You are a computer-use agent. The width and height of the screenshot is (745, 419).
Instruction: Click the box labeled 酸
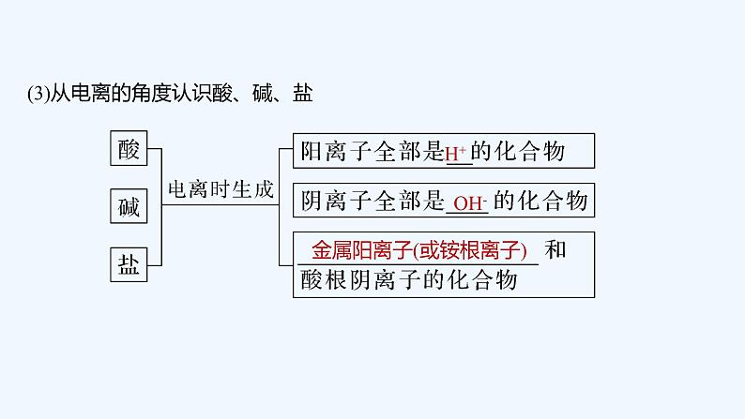(x=129, y=149)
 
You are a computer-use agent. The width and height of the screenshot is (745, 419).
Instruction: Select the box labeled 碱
(x=129, y=207)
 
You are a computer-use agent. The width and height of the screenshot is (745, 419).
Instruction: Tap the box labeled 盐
(x=129, y=265)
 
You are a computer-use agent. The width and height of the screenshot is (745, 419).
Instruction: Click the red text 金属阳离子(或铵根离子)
(x=420, y=251)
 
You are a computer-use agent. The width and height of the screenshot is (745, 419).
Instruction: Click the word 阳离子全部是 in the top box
(x=371, y=151)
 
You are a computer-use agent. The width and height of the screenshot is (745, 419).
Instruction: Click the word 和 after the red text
(x=555, y=250)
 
